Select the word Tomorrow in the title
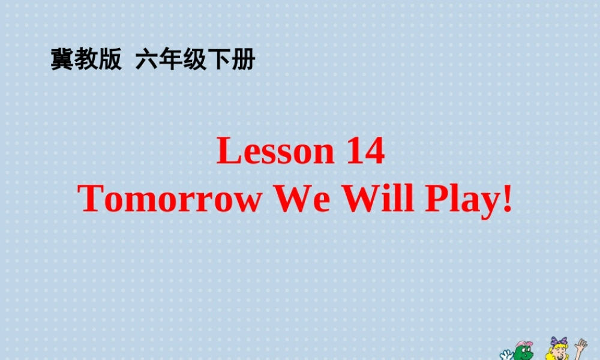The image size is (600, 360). tap(171, 199)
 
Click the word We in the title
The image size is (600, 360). tap(302, 199)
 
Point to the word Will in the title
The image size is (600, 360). tap(378, 199)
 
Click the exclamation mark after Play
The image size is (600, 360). tap(508, 199)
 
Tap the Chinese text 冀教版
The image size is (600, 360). tap(86, 60)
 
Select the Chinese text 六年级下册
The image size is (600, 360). tap(196, 60)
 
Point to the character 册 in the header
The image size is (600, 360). tap(244, 60)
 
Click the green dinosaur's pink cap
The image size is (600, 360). tap(524, 344)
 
